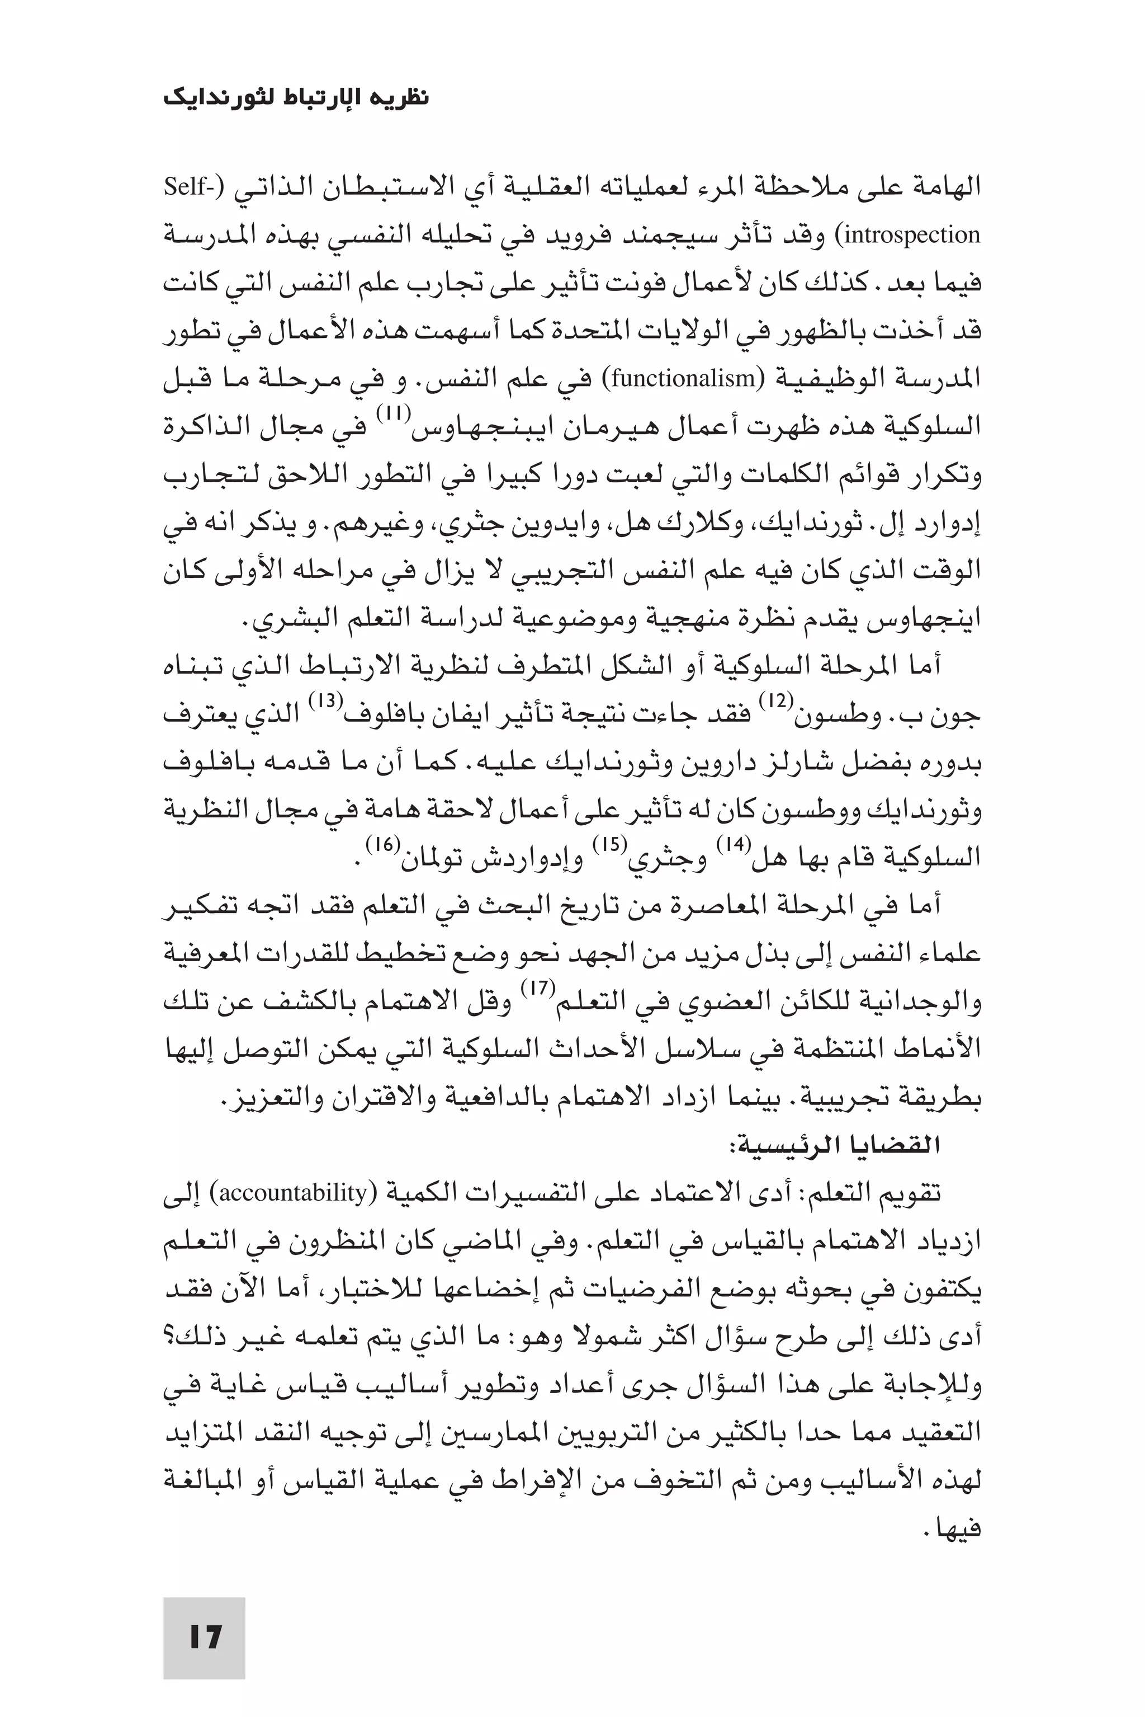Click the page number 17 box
pyautogui.click(x=204, y=1638)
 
